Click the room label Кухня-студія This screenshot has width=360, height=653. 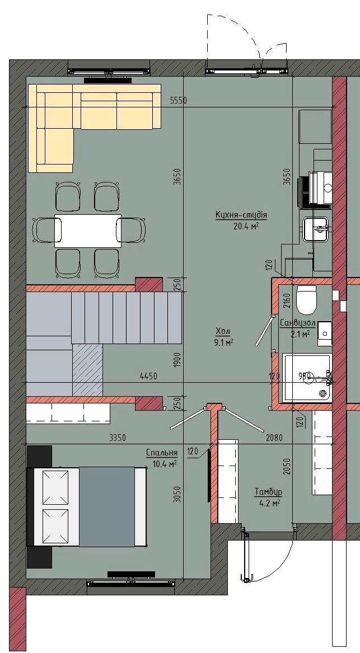click(x=241, y=215)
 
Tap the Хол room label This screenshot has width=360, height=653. click(x=223, y=331)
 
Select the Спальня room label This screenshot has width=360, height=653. click(x=162, y=453)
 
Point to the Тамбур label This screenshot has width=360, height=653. click(x=268, y=492)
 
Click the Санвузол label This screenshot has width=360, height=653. click(x=297, y=323)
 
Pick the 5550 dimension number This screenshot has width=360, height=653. click(x=179, y=100)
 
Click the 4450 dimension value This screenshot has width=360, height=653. click(x=148, y=377)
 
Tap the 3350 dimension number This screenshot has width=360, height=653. click(x=117, y=438)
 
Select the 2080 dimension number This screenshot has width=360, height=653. click(x=274, y=438)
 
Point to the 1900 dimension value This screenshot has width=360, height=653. click(x=177, y=360)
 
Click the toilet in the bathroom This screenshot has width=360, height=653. click(x=307, y=300)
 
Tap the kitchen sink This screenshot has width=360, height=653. click(x=317, y=229)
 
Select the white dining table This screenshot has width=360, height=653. click(x=88, y=231)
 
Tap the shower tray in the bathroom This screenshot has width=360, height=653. click(x=307, y=378)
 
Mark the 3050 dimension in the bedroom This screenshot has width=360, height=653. click(x=177, y=495)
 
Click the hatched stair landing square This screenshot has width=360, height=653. click(x=87, y=370)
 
